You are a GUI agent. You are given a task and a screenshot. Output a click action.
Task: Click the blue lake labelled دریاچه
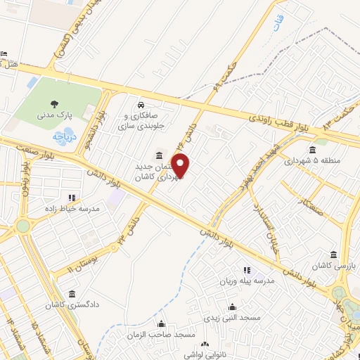(x=64, y=137)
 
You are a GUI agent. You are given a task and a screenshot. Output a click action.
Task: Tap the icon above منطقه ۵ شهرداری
(x=312, y=149)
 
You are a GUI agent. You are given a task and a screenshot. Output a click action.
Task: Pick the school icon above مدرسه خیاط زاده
(x=70, y=198)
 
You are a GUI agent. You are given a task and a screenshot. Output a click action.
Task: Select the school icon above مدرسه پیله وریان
(x=246, y=270)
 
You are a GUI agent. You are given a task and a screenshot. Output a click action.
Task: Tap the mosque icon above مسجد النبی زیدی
(x=232, y=307)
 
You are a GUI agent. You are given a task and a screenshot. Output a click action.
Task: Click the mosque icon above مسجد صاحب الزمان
(x=162, y=324)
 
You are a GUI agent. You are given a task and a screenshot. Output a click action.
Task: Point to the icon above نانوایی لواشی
(x=205, y=345)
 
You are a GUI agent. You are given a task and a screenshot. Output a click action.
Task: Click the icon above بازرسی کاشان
(x=334, y=255)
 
